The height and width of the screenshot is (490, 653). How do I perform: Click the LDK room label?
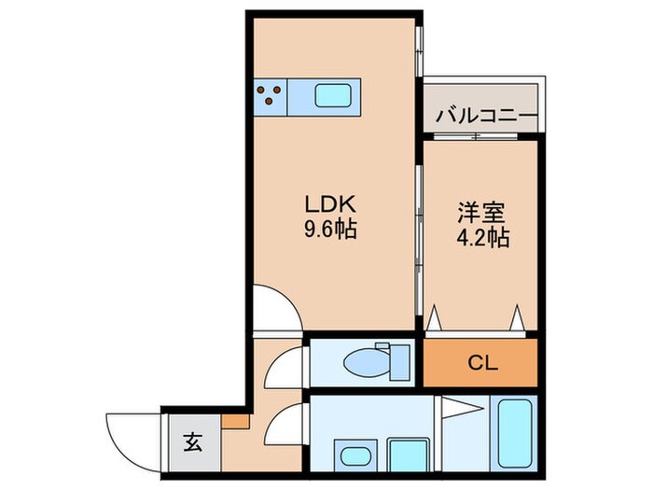coord(329,203)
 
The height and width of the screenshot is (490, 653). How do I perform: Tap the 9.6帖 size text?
coord(329,229)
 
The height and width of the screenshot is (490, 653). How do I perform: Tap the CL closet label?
coord(481,363)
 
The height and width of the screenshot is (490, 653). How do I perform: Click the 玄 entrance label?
coord(189,444)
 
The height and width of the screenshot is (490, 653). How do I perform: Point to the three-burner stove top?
coord(271,94)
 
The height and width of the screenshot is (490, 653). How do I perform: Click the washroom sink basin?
coord(354,457)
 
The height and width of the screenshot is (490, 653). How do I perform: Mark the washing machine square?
coord(408,455)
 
